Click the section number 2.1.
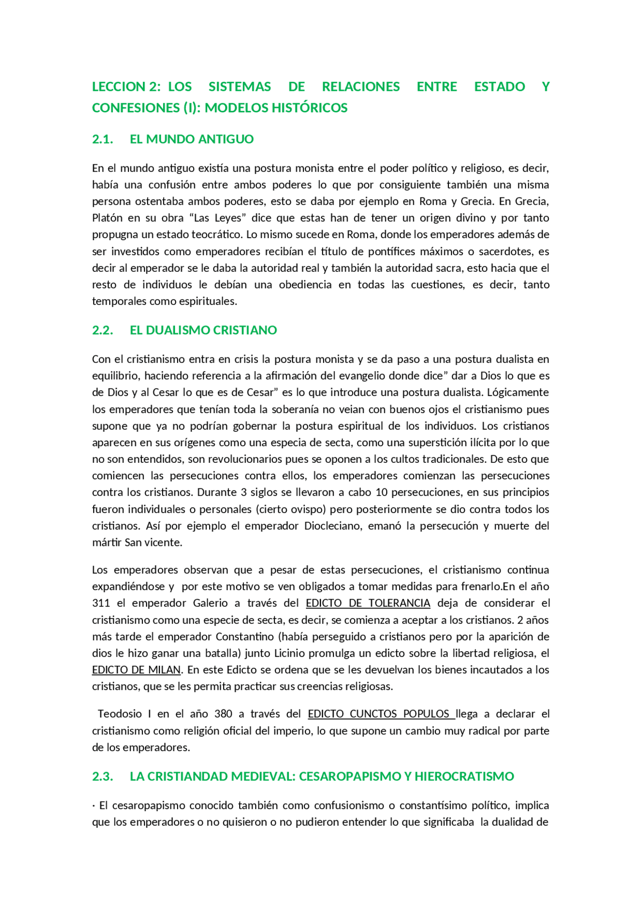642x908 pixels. click(102, 139)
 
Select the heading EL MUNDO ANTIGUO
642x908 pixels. click(192, 139)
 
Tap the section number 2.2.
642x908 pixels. click(102, 330)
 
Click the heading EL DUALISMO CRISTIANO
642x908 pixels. click(203, 330)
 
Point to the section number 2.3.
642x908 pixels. click(102, 777)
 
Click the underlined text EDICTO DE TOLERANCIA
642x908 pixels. click(368, 603)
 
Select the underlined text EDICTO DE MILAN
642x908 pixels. click(136, 670)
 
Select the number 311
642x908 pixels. click(101, 603)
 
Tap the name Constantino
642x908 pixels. click(245, 637)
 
